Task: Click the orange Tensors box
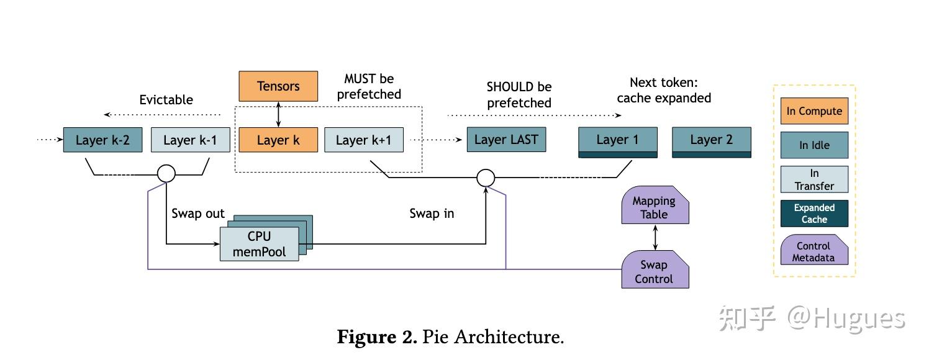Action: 278,86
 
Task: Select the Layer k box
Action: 278,140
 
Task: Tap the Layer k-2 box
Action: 102,140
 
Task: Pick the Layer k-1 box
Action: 190,140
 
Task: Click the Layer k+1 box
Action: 364,140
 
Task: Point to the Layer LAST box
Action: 506,140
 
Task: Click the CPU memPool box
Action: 260,244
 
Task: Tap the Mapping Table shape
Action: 655,207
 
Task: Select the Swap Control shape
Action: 655,272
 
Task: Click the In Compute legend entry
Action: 814,112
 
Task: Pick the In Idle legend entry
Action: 814,145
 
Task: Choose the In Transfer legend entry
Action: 814,179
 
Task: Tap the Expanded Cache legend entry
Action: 814,214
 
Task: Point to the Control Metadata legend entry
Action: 814,251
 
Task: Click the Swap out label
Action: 198,214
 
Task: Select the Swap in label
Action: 432,214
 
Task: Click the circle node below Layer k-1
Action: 166,174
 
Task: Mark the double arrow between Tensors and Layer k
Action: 278,114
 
